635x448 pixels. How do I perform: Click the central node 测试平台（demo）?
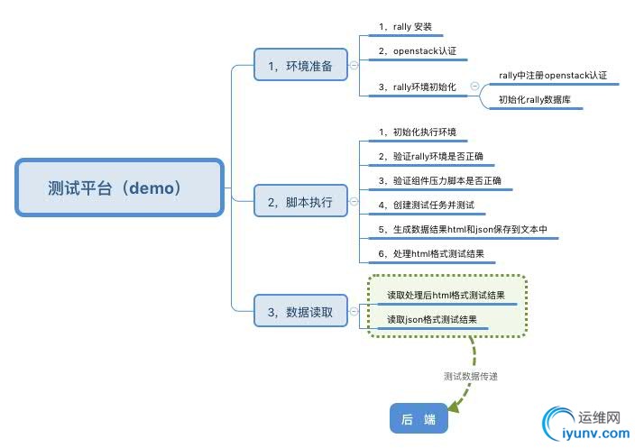coord(119,188)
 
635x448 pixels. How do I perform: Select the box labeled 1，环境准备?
coord(301,65)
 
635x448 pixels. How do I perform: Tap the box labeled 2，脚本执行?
coord(301,202)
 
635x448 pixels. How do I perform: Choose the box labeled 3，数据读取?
coord(301,312)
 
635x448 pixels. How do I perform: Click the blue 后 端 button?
coord(418,419)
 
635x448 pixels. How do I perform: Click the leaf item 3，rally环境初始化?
coord(417,87)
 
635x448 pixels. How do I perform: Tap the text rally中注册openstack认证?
coord(552,75)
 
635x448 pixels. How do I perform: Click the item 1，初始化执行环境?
coord(418,132)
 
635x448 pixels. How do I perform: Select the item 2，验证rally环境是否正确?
coord(430,157)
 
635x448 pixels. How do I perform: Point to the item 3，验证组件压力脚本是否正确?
coord(439,181)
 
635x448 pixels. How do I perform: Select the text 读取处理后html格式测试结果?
coord(446,295)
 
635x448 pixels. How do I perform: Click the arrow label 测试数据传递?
coord(471,376)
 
